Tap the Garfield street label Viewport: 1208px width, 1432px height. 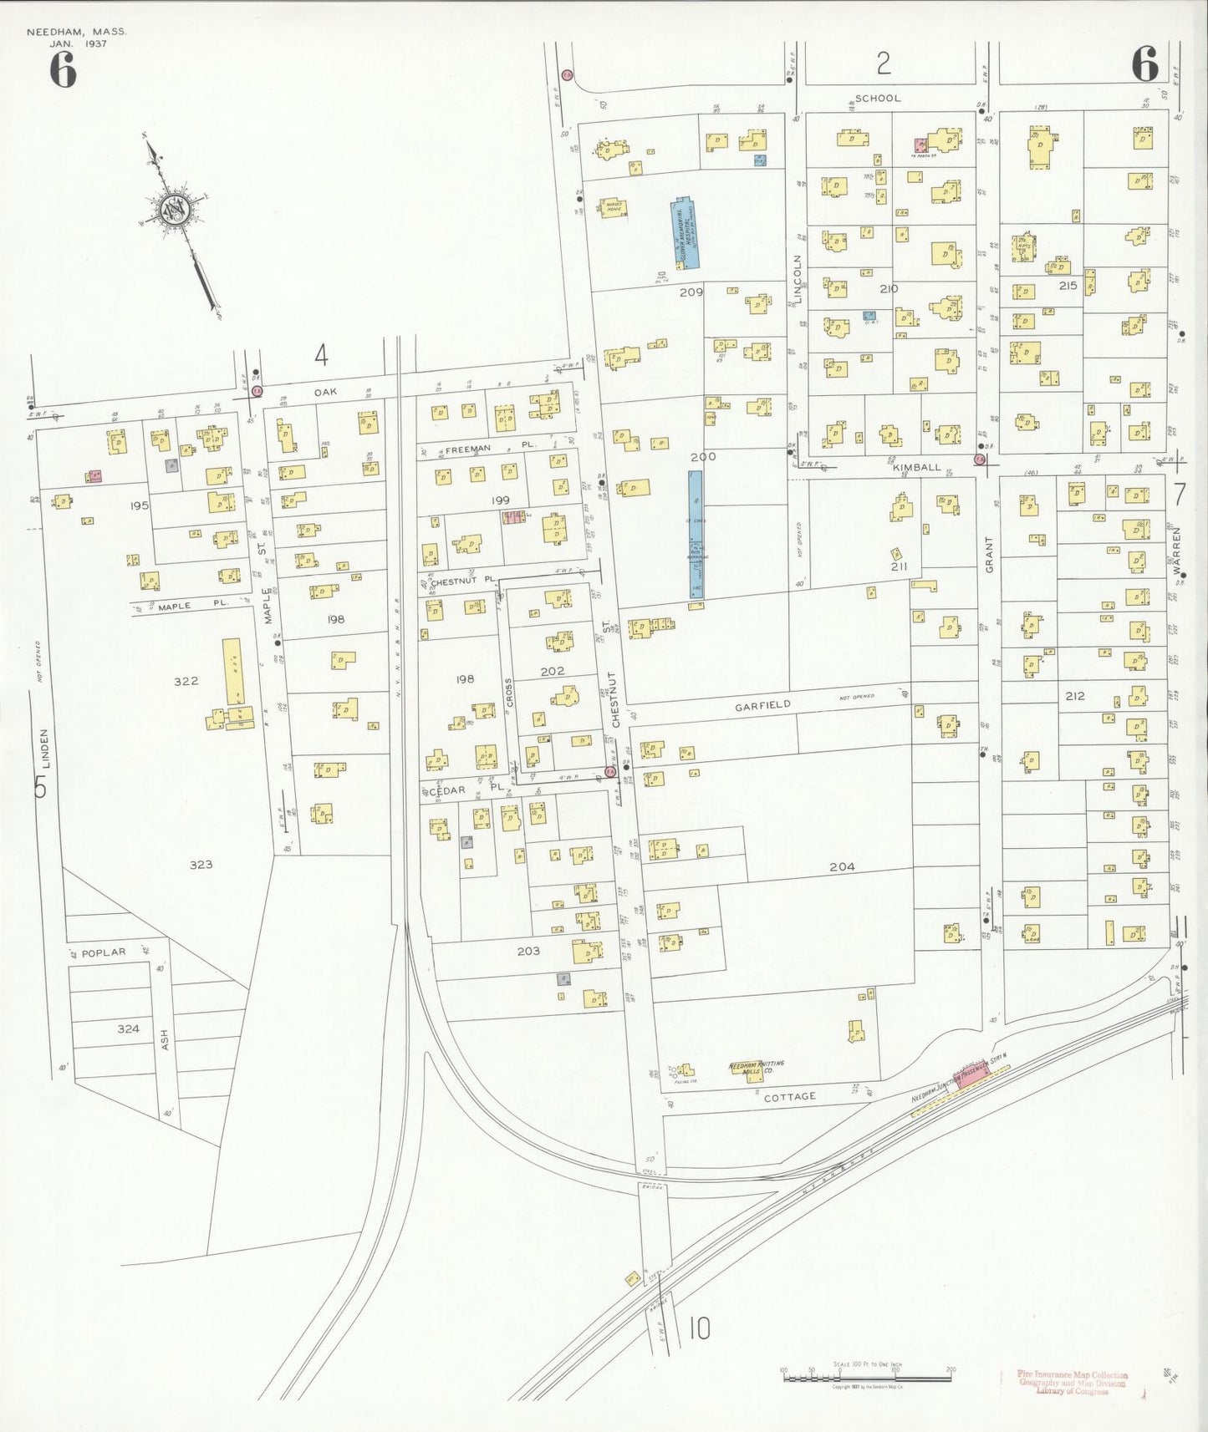[x=762, y=706]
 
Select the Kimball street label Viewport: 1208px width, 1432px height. [x=916, y=468]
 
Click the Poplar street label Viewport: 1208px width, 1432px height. [x=104, y=952]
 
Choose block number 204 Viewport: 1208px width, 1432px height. [x=842, y=867]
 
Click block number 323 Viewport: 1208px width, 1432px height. [x=201, y=865]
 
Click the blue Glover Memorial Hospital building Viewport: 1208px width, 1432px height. [x=686, y=233]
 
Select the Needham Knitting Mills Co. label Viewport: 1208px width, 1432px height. [x=757, y=1068]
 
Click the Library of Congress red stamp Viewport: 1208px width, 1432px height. [x=1073, y=1383]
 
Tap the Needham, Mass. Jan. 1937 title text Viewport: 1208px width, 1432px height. [x=76, y=38]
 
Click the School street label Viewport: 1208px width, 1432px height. [x=878, y=99]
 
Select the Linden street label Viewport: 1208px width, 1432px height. [x=45, y=748]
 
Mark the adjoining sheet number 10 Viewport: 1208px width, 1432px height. [x=700, y=1328]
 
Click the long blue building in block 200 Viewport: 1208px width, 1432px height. [x=696, y=535]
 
